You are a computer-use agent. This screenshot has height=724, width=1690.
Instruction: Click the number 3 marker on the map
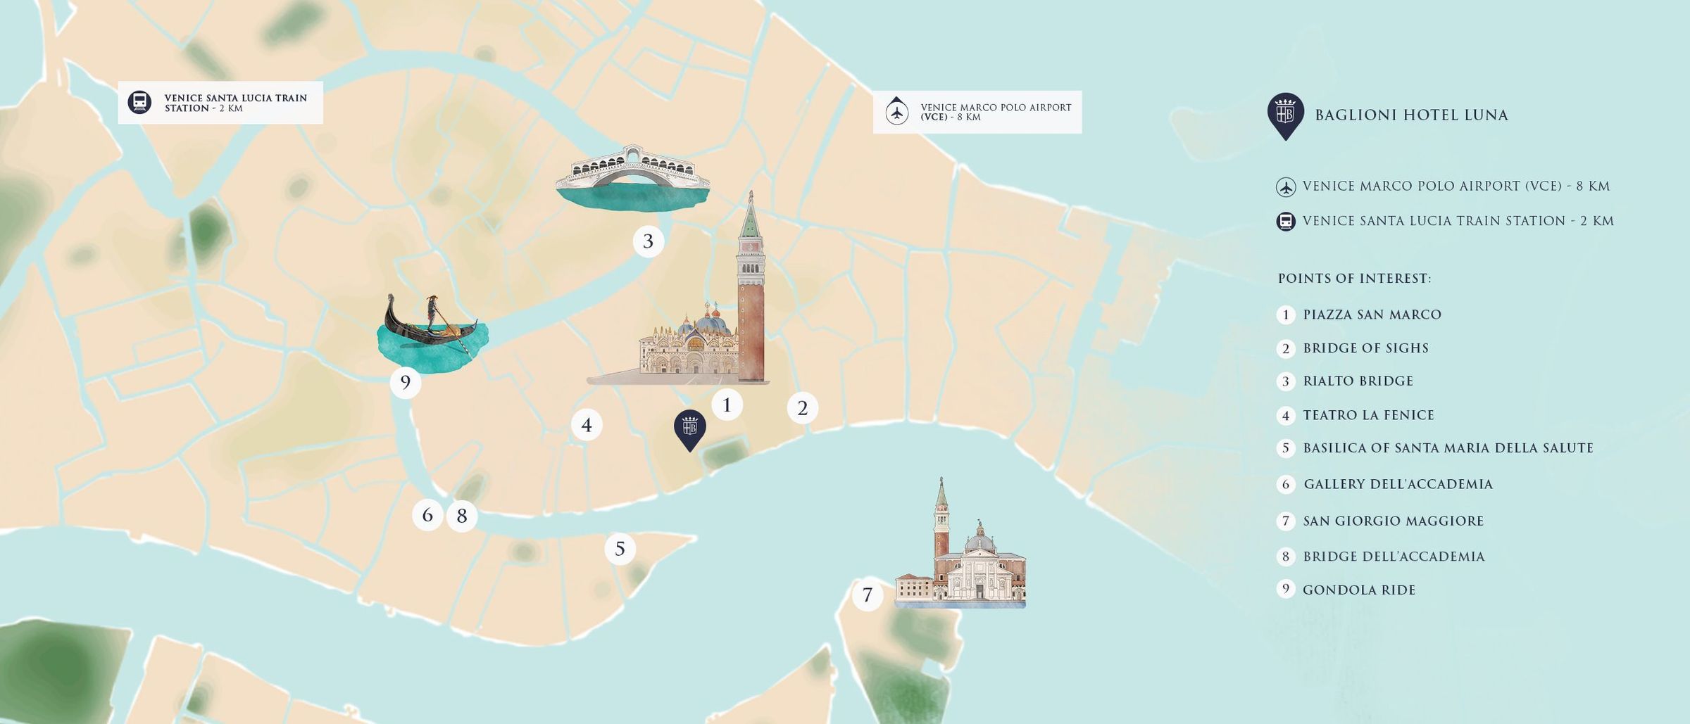[x=648, y=241]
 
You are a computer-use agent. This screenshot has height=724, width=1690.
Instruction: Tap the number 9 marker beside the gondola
[x=405, y=383]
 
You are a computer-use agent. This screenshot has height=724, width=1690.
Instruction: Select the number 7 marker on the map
[x=867, y=595]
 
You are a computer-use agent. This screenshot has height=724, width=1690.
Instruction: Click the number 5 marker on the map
[x=620, y=549]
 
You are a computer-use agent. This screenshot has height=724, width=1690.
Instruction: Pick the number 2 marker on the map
[x=802, y=408]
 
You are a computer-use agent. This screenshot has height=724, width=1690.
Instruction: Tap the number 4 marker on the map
[x=586, y=425]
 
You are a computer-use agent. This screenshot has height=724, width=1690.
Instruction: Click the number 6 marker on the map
[x=427, y=515]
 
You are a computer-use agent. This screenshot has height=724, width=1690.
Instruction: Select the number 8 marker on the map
[x=462, y=516]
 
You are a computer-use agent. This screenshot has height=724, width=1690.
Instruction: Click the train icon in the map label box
[x=139, y=103]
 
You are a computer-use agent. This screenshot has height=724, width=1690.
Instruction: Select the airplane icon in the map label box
[x=896, y=112]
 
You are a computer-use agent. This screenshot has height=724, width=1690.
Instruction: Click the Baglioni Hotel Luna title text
[x=1411, y=115]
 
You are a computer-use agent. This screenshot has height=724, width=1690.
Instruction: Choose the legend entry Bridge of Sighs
[x=1365, y=348]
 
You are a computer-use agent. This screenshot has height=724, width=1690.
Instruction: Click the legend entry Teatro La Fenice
[x=1368, y=415]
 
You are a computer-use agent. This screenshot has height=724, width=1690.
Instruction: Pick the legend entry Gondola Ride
[x=1358, y=590]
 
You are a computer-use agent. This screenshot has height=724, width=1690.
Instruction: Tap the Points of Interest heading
[x=1354, y=279]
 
